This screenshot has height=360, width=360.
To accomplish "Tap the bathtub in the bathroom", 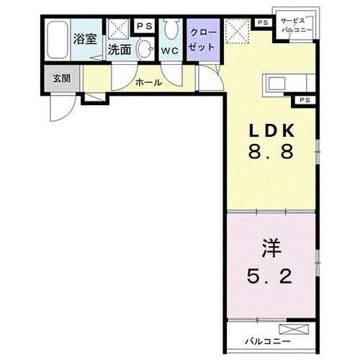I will coord(56,40).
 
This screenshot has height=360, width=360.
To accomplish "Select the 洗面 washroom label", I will coord(120,50).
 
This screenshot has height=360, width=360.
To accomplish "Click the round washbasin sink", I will coord(145,49).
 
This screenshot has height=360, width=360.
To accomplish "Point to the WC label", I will coord(170,51).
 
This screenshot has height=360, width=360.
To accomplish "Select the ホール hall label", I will coord(148,82).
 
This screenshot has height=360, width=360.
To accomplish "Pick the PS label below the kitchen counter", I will coord(304,99).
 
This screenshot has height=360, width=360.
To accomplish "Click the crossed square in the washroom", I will coord(119,28).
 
